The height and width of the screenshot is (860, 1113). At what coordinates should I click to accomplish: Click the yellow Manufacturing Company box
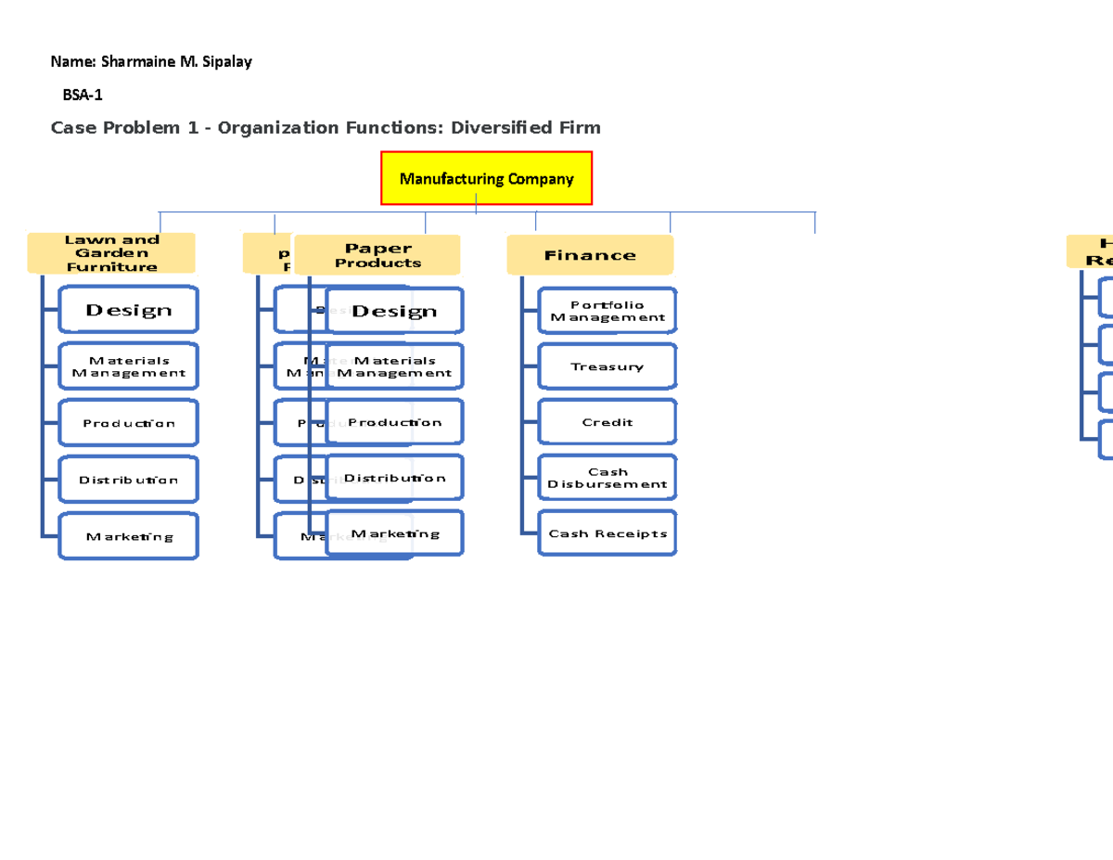[x=486, y=179]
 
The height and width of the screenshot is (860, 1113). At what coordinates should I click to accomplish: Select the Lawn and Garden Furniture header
[x=111, y=253]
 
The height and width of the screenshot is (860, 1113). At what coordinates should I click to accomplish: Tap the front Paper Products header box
[x=377, y=255]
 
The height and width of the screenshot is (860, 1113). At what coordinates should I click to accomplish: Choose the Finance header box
[x=590, y=255]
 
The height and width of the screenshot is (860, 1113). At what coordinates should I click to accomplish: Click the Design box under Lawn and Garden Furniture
[x=129, y=310]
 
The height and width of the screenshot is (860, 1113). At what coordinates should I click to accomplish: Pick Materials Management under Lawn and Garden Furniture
[x=129, y=366]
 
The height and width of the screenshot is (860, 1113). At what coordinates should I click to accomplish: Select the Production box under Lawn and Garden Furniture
[x=129, y=423]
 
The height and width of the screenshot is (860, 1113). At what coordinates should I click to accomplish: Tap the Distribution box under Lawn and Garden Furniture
[x=129, y=480]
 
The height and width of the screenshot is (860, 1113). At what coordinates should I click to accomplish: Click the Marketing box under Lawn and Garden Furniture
[x=129, y=536]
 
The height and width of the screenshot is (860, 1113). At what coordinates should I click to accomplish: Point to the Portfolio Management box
[x=608, y=311]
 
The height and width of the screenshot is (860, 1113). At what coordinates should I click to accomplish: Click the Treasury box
[x=608, y=366]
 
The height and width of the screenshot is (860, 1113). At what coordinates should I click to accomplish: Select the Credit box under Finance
[x=608, y=422]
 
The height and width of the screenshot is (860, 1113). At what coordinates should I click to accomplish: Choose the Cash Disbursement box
[x=608, y=478]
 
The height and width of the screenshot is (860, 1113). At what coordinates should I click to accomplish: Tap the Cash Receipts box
[x=608, y=533]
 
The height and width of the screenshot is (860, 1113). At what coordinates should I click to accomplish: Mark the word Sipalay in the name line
[x=226, y=62]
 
